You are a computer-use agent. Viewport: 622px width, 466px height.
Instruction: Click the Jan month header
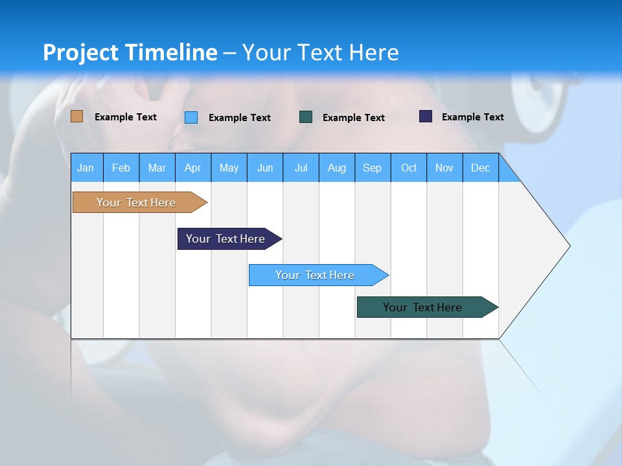(86, 168)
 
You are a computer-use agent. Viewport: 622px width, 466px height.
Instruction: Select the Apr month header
(192, 168)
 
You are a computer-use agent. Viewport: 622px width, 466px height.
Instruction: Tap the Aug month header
(336, 168)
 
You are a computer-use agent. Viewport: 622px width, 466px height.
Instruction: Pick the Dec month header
(480, 168)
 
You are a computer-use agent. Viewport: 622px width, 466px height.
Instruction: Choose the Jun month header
(264, 168)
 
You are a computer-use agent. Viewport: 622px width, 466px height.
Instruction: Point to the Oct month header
(409, 168)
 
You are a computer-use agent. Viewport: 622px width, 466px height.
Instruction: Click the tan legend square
(76, 116)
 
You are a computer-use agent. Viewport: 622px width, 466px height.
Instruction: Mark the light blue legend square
(191, 117)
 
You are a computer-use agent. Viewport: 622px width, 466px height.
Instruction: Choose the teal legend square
(306, 116)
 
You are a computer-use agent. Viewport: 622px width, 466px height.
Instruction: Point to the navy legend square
(426, 116)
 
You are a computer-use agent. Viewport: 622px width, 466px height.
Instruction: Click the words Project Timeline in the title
(130, 52)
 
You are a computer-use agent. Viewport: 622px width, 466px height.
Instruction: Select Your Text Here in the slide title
(321, 52)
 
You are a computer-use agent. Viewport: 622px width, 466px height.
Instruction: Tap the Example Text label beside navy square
(472, 117)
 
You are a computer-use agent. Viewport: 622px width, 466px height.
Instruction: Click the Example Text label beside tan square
(126, 117)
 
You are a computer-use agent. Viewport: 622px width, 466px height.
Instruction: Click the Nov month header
(444, 168)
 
